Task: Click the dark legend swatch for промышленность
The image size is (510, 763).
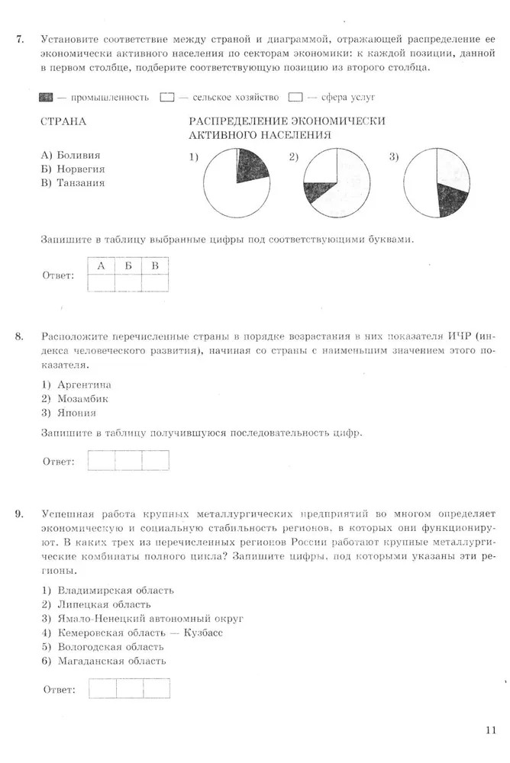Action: click(45, 98)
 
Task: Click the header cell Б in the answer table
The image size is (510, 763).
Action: click(128, 266)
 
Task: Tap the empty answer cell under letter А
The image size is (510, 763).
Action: click(101, 283)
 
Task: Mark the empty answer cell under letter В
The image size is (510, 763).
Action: click(155, 283)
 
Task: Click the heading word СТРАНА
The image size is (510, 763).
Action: click(63, 121)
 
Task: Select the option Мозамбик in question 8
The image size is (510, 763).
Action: click(81, 398)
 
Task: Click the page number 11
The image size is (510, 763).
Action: click(490, 729)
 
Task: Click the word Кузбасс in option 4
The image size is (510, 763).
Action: click(204, 633)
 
